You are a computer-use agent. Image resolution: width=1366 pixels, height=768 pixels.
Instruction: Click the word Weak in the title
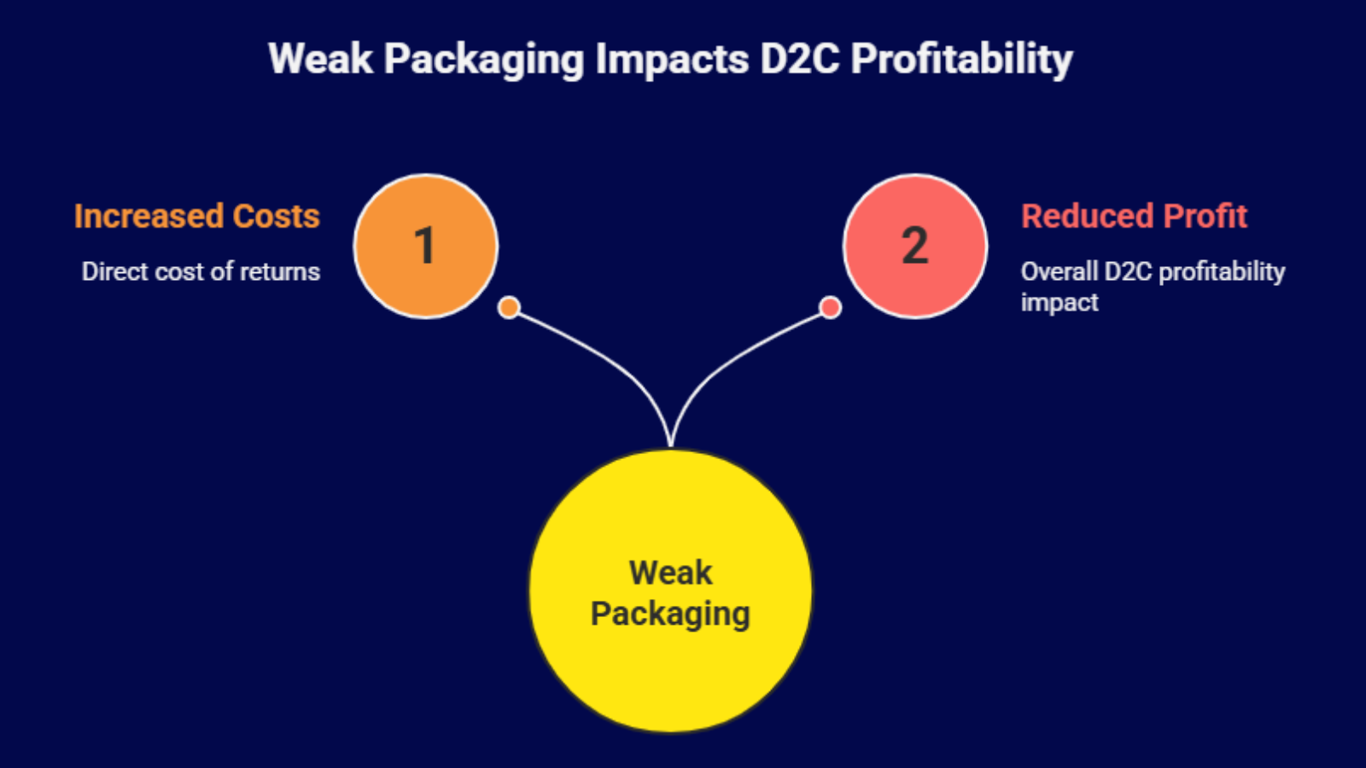pyautogui.click(x=320, y=60)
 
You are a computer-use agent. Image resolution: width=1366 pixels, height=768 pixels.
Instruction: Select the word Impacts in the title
pyautogui.click(x=671, y=60)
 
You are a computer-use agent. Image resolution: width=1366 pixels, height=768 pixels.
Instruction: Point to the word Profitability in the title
pyautogui.click(x=961, y=60)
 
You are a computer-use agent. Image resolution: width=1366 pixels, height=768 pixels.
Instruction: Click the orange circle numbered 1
pyautogui.click(x=425, y=246)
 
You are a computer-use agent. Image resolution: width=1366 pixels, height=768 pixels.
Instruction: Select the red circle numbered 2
pyautogui.click(x=914, y=246)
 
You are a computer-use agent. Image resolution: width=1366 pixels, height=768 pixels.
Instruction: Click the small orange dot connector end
pyautogui.click(x=509, y=307)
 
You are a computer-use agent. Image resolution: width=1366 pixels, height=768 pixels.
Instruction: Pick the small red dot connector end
pyautogui.click(x=830, y=307)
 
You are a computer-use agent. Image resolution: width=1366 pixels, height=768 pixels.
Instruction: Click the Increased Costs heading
pyautogui.click(x=196, y=217)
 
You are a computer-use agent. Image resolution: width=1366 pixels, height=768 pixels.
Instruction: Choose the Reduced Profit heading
pyautogui.click(x=1134, y=217)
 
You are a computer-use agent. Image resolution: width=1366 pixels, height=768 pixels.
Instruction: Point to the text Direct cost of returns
pyautogui.click(x=201, y=271)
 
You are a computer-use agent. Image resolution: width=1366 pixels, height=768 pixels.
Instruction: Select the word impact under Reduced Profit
pyautogui.click(x=1059, y=302)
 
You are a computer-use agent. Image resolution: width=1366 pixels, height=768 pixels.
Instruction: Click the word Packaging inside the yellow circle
pyautogui.click(x=670, y=614)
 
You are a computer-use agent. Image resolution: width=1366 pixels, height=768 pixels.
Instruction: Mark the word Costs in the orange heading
pyautogui.click(x=276, y=217)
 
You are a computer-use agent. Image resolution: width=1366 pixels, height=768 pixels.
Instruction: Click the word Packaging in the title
pyautogui.click(x=483, y=60)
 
